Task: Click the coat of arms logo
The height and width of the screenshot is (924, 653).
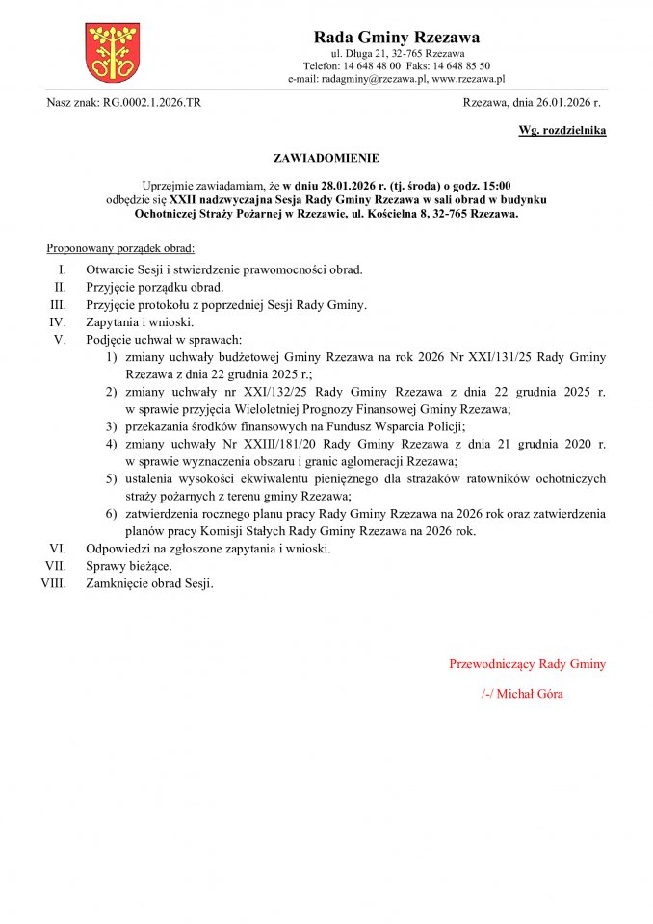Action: (x=113, y=52)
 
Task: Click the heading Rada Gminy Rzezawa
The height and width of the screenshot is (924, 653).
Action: (x=397, y=38)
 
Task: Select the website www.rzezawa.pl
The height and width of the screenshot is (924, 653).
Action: (x=468, y=79)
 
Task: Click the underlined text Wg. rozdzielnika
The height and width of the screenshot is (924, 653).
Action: (x=562, y=130)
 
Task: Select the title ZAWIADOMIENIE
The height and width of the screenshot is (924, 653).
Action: (x=326, y=157)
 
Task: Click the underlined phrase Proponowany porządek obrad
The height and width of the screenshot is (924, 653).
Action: (x=120, y=248)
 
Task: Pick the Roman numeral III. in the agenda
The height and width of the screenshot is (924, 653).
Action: (x=57, y=304)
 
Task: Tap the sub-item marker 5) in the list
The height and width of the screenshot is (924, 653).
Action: (x=112, y=478)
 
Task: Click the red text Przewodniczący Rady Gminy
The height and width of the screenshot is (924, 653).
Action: (x=527, y=664)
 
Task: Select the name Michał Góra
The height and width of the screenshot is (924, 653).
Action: (x=531, y=694)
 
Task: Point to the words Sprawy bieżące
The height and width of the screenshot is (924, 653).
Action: (x=129, y=566)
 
